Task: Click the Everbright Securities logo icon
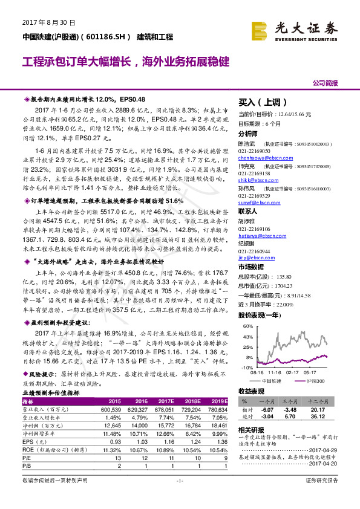pyautogui.click(x=260, y=28)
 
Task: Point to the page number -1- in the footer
pyautogui.click(x=179, y=496)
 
